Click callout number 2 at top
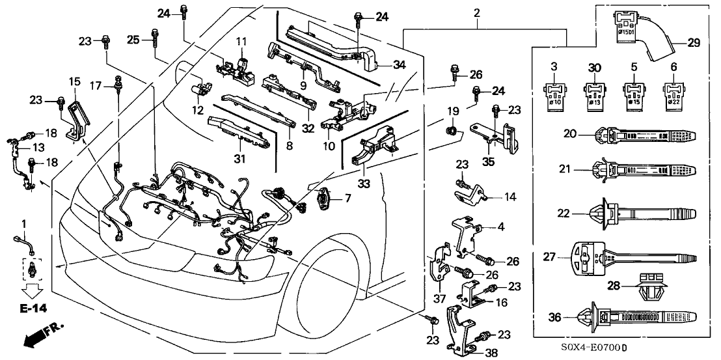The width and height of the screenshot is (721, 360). [x=477, y=12]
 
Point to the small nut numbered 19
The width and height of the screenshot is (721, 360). [x=449, y=133]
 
